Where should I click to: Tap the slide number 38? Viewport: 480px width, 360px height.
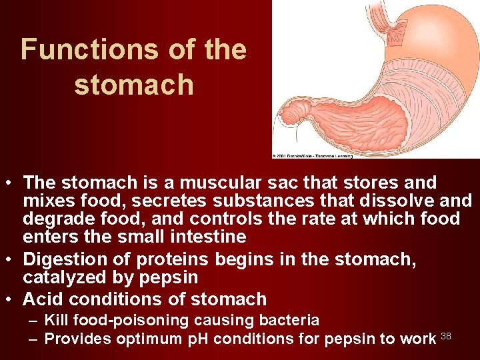447,335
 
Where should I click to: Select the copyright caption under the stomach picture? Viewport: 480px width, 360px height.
312,155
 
